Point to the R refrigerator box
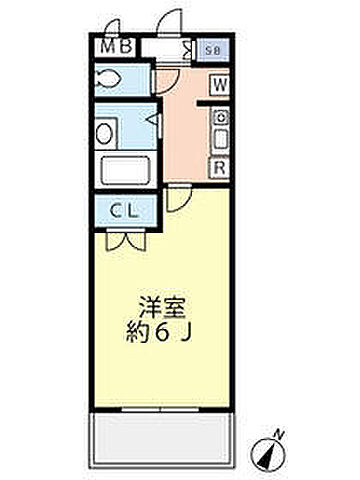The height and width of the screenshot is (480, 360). click(x=218, y=168)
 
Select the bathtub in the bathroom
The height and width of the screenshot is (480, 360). click(x=125, y=170)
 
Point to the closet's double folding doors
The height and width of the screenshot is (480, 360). click(x=125, y=240)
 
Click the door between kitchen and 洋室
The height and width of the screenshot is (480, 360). click(x=176, y=199)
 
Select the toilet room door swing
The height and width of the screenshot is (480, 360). click(x=164, y=82)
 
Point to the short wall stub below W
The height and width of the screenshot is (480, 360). click(x=212, y=102)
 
